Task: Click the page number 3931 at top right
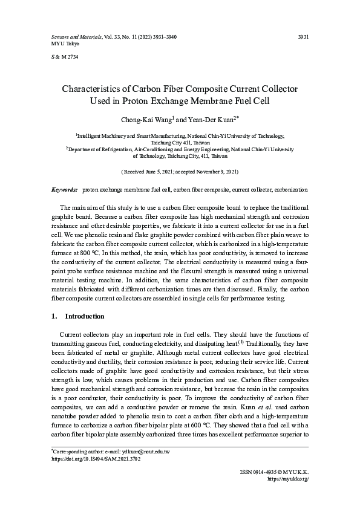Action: click(x=304, y=37)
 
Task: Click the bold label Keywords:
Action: click(x=64, y=189)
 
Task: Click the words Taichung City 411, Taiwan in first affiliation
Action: click(x=180, y=143)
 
